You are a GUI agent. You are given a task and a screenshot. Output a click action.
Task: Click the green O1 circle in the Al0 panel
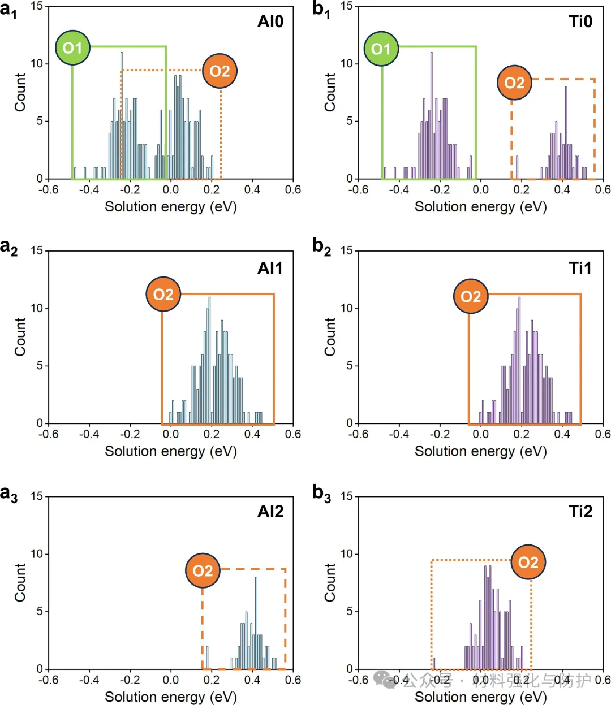coord(72,48)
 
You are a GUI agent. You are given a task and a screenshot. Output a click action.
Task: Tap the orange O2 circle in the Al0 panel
coord(220,71)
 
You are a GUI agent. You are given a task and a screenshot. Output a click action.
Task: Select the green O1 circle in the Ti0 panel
coord(381,49)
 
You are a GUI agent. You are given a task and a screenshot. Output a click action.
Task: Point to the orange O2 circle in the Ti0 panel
coord(514,83)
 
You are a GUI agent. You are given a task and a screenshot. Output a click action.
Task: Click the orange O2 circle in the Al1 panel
coord(163,295)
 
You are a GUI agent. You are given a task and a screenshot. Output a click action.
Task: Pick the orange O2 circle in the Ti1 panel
coord(471,296)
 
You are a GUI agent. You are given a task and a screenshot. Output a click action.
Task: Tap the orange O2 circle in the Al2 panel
coord(203,570)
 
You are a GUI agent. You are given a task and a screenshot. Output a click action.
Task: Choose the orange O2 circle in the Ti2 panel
coord(528,563)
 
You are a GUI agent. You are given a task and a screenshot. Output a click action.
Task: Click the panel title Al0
coord(270,21)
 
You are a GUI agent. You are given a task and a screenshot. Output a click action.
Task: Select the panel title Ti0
coord(580,21)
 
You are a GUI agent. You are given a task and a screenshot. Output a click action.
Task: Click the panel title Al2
coord(270,512)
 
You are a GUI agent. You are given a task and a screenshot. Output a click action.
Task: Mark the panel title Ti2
coord(580,512)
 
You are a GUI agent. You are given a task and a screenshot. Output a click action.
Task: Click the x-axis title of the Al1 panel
coord(170,451)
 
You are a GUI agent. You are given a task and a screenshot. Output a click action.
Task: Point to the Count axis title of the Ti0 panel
coord(330,92)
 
